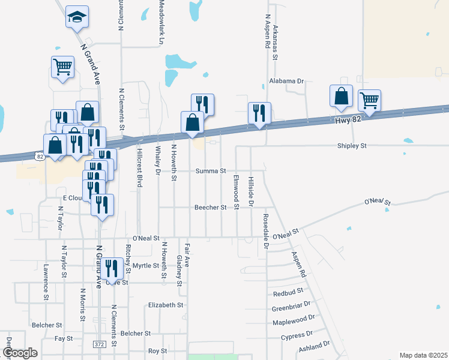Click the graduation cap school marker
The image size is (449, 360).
coord(77,17)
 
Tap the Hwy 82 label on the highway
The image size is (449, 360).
coord(348,121)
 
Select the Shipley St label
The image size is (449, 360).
coord(352,146)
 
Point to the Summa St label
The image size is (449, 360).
coord(210,171)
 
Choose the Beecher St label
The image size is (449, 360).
coord(210,208)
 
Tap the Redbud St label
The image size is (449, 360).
coord(288,293)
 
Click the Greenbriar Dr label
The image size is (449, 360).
coord(291,308)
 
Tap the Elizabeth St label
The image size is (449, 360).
coord(166,305)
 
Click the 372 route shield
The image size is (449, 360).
coord(100,344)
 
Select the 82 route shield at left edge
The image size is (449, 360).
coord(40,157)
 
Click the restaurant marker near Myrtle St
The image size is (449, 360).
coord(112,268)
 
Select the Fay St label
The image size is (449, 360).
coord(64,339)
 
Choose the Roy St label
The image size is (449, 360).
coord(157,351)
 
